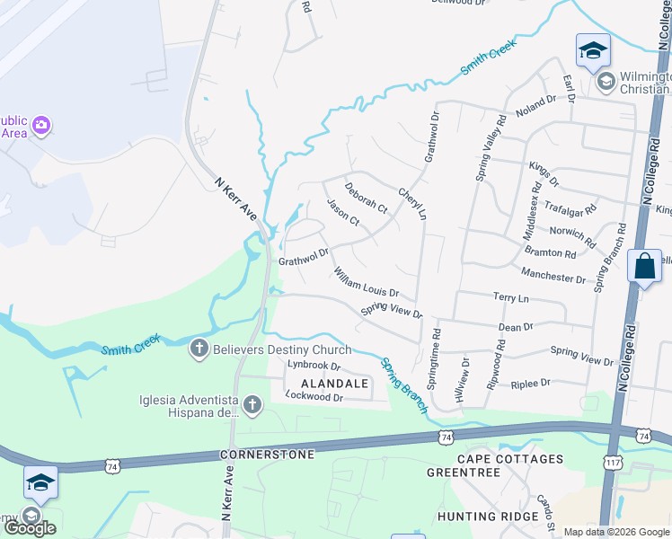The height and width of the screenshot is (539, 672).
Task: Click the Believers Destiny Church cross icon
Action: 199,349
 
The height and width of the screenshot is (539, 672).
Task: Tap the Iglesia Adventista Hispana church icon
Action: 252,406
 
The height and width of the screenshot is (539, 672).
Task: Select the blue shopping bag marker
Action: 644,266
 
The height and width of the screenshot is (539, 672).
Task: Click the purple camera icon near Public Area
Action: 40,127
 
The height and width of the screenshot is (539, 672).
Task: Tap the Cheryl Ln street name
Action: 412,204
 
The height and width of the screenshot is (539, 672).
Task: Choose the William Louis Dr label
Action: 366,282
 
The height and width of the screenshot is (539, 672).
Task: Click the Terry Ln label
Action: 510,296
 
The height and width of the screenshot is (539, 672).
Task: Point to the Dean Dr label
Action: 516,328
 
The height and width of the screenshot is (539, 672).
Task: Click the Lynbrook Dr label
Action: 314,367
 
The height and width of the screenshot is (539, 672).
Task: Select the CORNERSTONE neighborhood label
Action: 268,455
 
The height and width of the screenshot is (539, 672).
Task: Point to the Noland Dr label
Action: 536,104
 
